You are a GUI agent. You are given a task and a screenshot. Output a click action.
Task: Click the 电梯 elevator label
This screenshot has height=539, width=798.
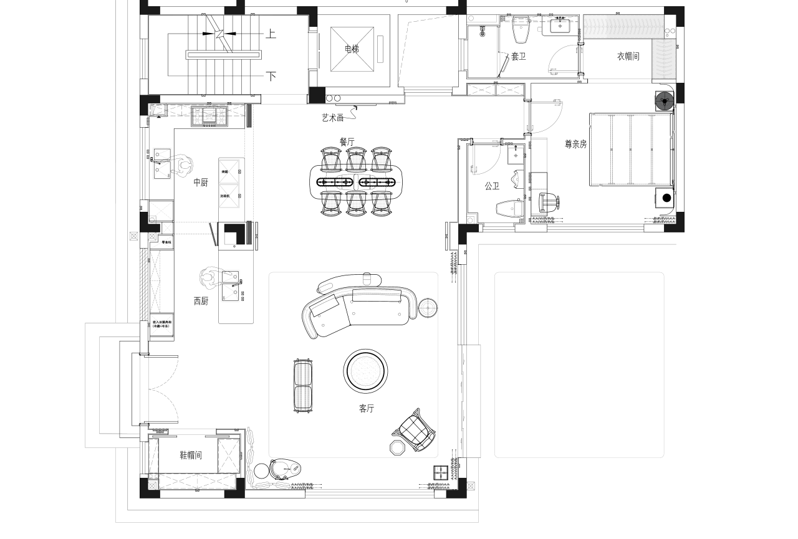(x=352, y=49)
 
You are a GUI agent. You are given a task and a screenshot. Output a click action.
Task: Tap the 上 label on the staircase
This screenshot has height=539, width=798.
(x=271, y=34)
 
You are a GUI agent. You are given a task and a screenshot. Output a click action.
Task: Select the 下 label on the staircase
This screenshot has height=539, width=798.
(x=271, y=77)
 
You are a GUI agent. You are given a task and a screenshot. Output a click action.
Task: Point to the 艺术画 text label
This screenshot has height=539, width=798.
(x=332, y=117)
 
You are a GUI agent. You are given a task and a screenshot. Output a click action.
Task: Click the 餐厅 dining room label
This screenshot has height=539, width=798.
(x=347, y=142)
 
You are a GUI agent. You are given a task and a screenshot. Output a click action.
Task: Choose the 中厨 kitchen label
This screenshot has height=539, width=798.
(x=201, y=183)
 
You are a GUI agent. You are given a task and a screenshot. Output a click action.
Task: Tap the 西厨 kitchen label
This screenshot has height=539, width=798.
(x=201, y=301)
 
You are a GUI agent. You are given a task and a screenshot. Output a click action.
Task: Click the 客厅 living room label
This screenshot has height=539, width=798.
(x=367, y=409)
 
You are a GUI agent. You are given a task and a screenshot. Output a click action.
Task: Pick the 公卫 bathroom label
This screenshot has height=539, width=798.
(x=492, y=186)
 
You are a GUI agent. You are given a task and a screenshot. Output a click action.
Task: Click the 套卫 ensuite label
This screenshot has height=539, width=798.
(x=518, y=56)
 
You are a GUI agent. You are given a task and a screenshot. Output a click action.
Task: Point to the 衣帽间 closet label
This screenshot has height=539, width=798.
(x=628, y=56)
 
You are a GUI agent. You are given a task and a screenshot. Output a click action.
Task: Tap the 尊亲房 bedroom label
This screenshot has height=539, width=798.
(x=575, y=144)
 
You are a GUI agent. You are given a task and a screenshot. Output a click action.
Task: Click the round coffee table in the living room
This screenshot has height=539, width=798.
(x=366, y=371)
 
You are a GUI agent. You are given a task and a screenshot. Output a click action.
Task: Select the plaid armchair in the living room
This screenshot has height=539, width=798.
(x=416, y=431)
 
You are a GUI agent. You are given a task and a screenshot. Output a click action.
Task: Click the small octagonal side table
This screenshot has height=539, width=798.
(x=397, y=448)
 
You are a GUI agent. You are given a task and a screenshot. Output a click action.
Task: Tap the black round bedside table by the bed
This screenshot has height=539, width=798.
(x=666, y=198)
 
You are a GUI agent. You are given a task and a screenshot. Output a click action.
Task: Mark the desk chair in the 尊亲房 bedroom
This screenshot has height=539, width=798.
(x=548, y=203)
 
